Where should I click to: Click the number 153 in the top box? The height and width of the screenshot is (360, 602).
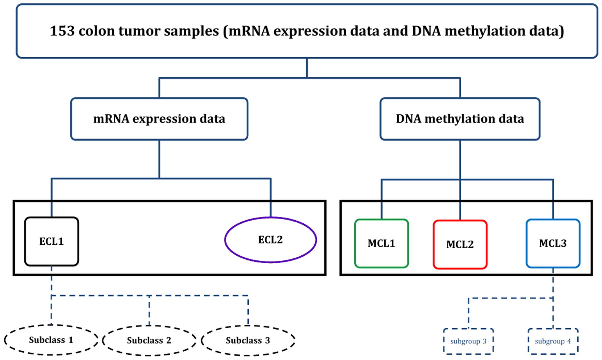coord(62,31)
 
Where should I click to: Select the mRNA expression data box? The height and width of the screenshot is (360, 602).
coord(159,119)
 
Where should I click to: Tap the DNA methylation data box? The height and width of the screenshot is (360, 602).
coord(460,119)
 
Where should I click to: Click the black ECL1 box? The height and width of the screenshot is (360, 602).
coord(52,241)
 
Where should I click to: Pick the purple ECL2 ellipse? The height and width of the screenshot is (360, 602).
coord(270,240)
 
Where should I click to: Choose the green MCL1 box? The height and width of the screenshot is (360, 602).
coord(381,244)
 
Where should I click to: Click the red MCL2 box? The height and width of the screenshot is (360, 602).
coord(460,245)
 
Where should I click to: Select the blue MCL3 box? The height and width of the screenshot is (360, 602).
coord(553,244)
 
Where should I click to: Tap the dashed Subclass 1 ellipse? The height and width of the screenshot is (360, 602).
coord(51,340)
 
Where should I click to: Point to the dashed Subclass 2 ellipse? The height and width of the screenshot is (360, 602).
coord(149,340)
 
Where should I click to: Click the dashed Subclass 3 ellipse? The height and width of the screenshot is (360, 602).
coord(248,340)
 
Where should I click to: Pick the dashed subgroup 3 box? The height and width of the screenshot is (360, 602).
coord(468,341)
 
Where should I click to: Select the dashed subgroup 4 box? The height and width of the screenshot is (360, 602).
coord(553,341)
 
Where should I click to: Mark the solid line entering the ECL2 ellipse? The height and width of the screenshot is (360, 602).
coord(270,198)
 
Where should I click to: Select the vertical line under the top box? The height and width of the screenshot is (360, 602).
coord(307,68)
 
